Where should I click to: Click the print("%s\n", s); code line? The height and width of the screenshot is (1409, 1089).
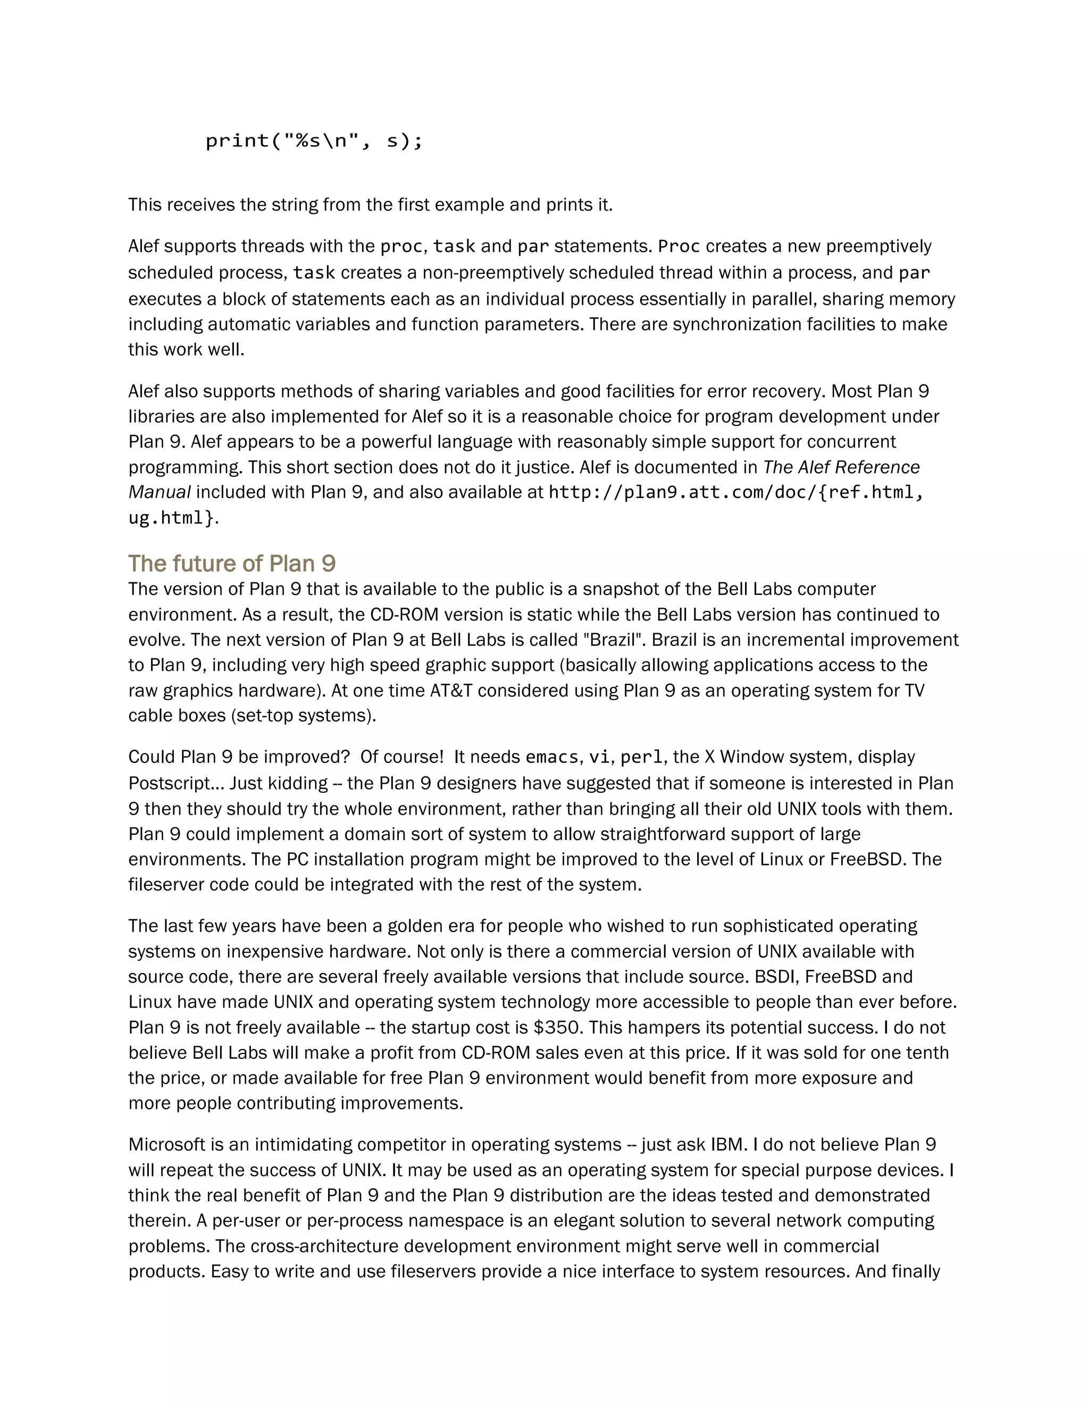(314, 141)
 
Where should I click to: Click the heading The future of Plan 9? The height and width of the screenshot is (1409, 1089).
(232, 564)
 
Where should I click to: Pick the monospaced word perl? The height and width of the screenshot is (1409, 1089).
(641, 757)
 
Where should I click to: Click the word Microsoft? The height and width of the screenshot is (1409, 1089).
(166, 1145)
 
